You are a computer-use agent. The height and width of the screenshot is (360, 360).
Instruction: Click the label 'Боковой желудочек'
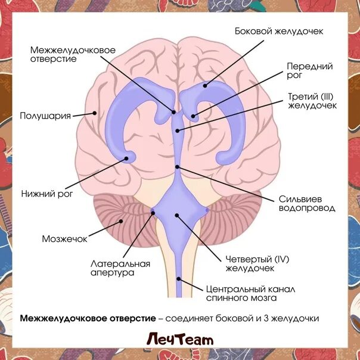click(279, 31)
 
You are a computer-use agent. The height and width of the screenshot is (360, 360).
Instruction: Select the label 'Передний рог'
click(302, 70)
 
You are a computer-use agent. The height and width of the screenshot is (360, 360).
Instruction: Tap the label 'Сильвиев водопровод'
click(306, 203)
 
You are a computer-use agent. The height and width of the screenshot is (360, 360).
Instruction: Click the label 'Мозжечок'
click(64, 238)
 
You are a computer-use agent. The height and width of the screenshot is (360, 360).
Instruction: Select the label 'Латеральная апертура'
click(120, 268)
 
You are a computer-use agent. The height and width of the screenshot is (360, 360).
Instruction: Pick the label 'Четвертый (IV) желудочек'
click(257, 264)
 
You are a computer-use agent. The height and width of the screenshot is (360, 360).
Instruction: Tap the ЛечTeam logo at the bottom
click(179, 340)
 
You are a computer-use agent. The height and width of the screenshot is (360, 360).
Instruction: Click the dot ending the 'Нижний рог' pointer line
click(128, 159)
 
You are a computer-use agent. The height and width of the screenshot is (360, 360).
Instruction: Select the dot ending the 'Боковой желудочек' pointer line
click(205, 86)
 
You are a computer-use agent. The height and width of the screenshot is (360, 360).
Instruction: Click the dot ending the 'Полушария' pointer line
click(94, 112)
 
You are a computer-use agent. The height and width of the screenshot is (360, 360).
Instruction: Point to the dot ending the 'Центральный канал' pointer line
click(179, 278)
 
